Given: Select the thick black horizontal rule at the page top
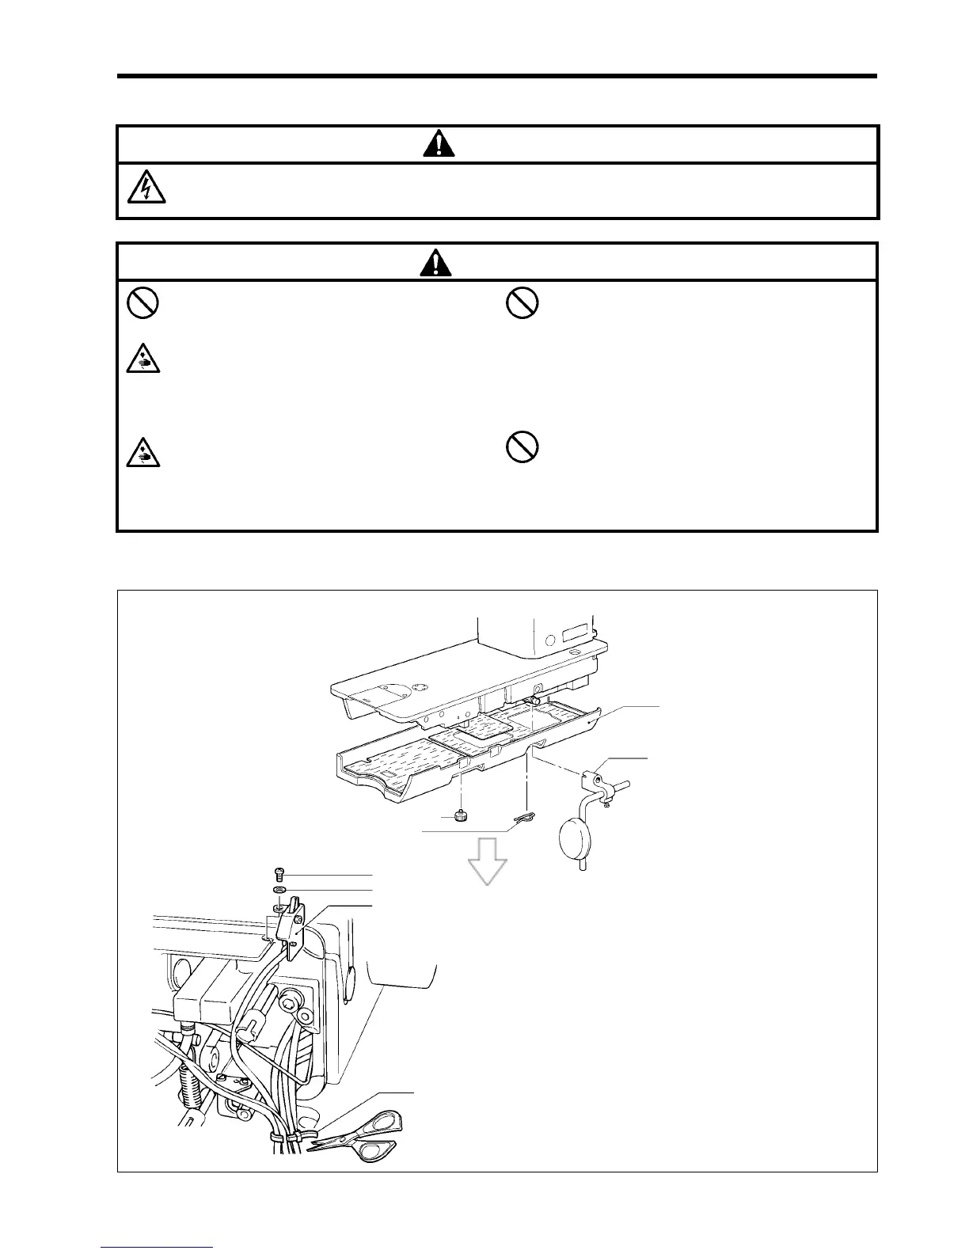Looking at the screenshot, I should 497,76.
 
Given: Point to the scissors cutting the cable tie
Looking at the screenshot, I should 361,1136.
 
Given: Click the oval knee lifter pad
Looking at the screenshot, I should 576,836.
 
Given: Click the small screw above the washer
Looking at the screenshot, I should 278,874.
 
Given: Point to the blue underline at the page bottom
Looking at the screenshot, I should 157,1248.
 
